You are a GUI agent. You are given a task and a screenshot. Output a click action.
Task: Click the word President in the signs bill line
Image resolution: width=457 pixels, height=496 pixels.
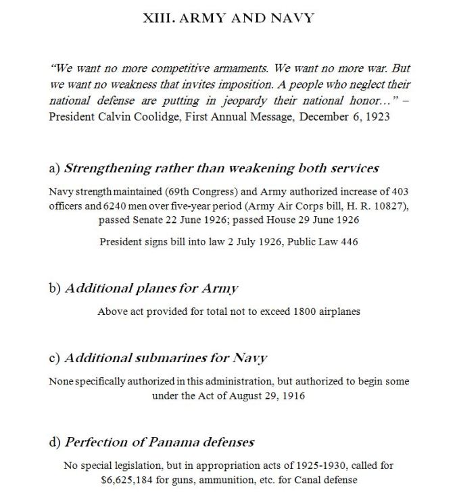click(x=121, y=242)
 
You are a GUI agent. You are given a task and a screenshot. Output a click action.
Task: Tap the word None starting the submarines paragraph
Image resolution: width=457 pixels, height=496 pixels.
click(x=62, y=381)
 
